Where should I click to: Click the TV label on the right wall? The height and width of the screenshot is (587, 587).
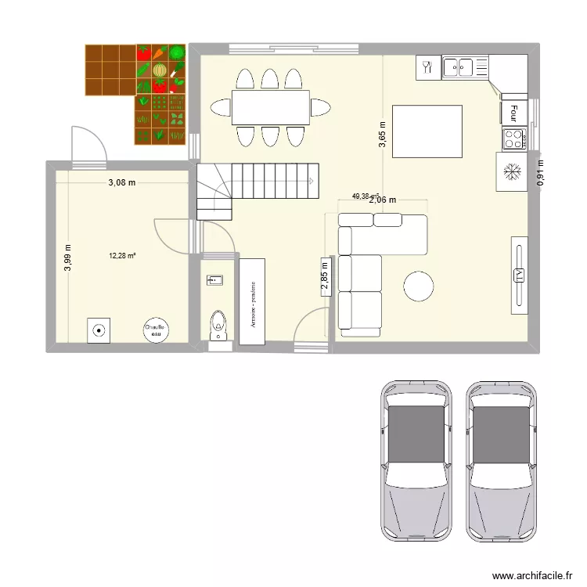tap(518, 274)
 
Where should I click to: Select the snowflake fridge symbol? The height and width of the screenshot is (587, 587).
tap(512, 171)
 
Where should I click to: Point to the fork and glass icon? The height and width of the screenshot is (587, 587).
tap(427, 67)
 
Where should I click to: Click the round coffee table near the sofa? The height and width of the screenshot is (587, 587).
tap(418, 286)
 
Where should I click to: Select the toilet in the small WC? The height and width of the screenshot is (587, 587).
tap(218, 323)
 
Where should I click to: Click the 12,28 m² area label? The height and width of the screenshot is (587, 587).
tap(123, 255)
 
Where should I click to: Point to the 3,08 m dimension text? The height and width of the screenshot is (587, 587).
tap(122, 183)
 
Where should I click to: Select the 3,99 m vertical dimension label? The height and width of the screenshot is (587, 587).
tap(68, 257)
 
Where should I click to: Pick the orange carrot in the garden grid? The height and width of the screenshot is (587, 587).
tap(160, 53)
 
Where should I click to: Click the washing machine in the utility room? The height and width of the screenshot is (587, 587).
tap(99, 330)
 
